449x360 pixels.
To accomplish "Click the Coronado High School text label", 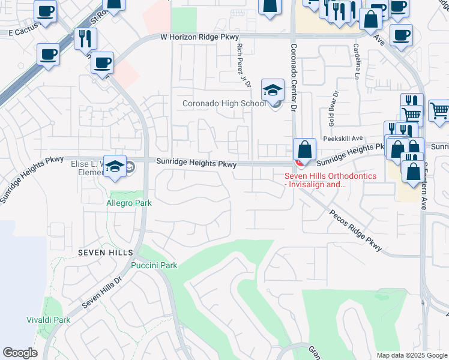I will coord(224,103).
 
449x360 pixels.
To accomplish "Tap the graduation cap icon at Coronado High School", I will coord(273,91).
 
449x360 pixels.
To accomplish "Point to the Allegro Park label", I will coord(128,203).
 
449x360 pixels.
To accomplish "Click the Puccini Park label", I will coord(154,265).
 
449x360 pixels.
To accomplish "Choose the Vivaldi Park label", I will coord(49,320).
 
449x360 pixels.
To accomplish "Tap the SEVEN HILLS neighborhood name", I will coord(101,253).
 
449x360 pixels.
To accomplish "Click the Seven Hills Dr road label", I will coord(101,292).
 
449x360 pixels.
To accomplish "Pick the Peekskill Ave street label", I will coord(343,138).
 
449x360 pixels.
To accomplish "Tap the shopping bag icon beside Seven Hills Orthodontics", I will coord(305,150).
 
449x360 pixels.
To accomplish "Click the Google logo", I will coord(20,353).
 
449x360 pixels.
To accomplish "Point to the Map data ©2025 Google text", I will coord(411,355).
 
